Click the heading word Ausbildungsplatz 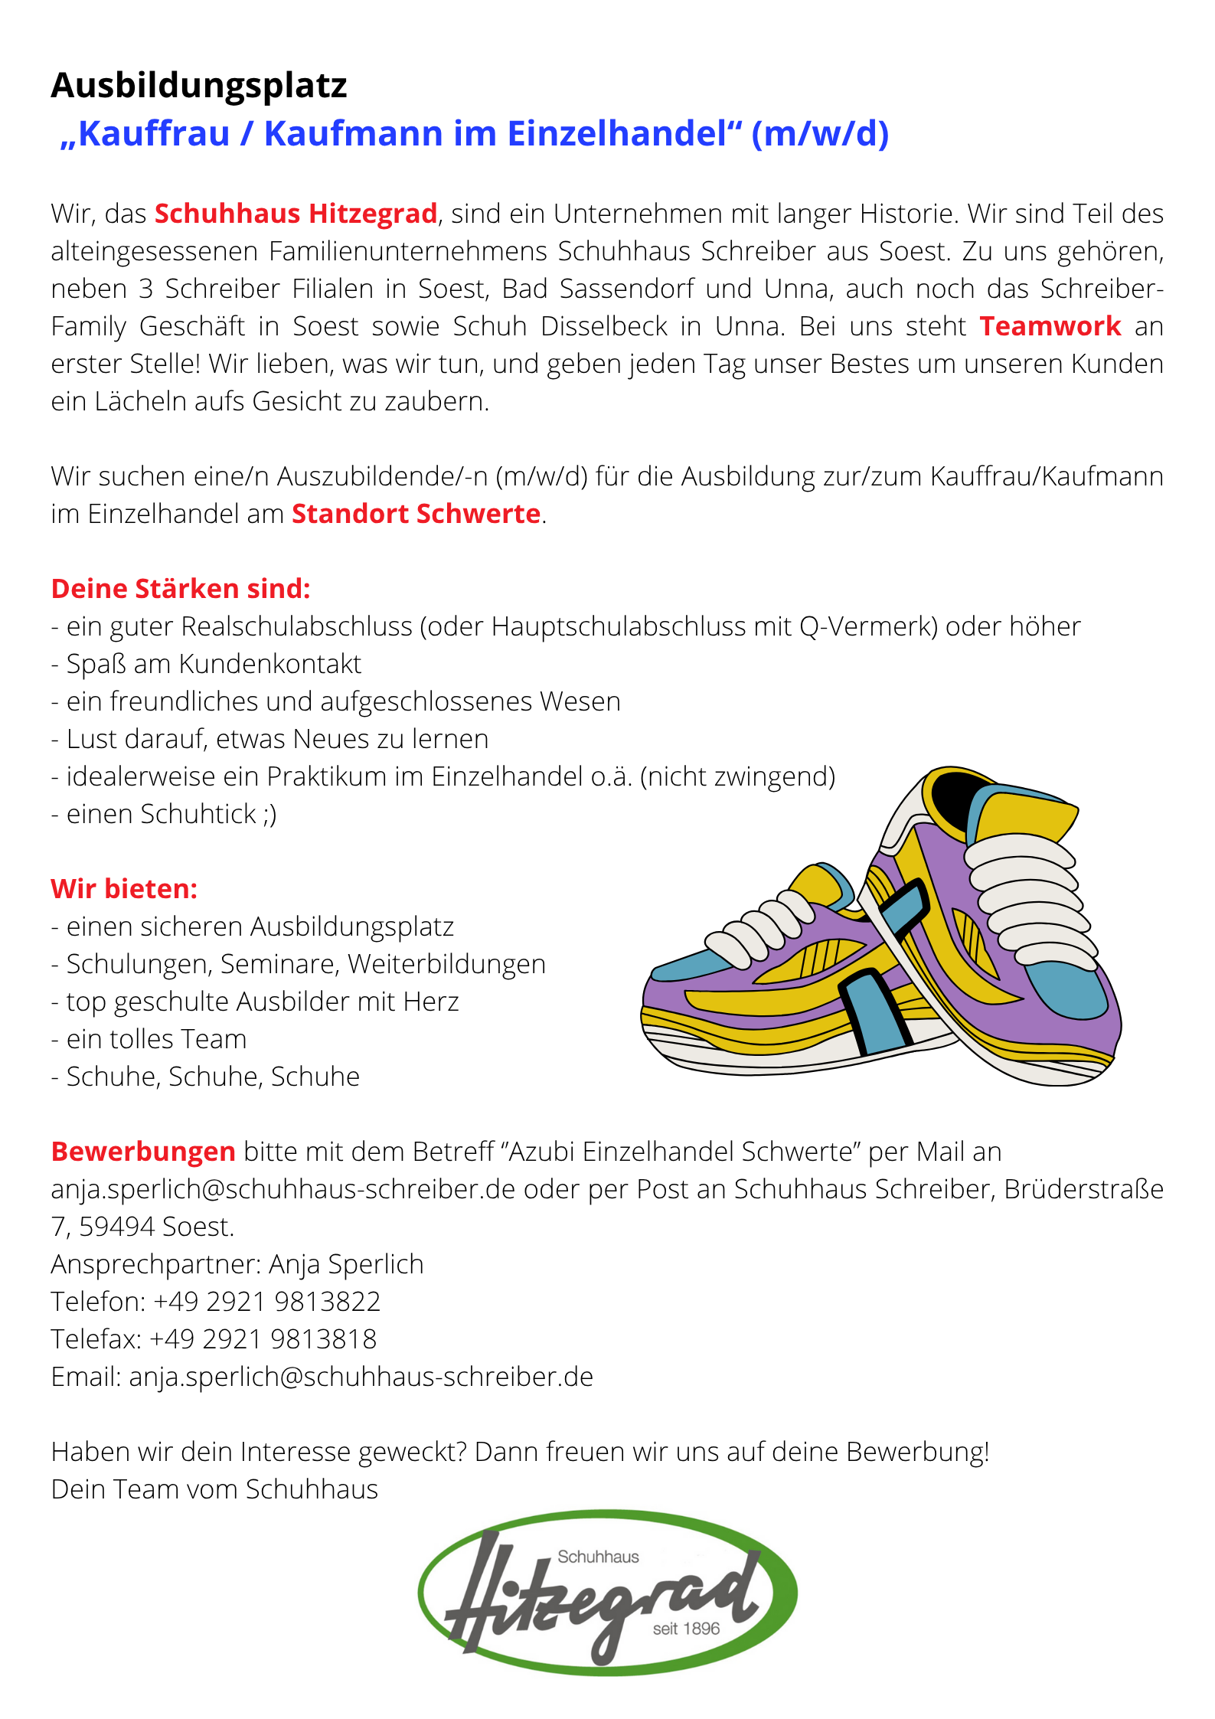tap(199, 86)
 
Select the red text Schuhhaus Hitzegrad tap(296, 214)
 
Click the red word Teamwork tap(1050, 326)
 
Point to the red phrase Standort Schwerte tap(416, 514)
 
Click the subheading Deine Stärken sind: tap(181, 589)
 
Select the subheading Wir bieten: tap(124, 889)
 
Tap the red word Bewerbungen tap(143, 1152)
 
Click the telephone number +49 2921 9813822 tap(266, 1302)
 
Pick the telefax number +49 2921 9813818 tap(263, 1339)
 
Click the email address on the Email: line tap(361, 1377)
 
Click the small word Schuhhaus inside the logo tap(598, 1557)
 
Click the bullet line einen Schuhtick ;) tap(171, 814)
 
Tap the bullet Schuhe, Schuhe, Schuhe tap(213, 1077)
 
